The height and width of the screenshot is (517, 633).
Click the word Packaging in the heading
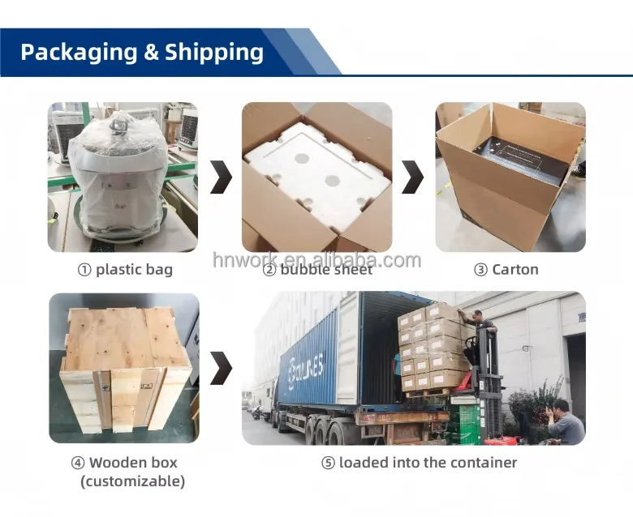[78, 53]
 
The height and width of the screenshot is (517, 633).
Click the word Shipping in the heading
[214, 53]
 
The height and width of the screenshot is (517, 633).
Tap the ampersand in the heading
[151, 53]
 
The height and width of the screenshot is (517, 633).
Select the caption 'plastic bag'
[134, 270]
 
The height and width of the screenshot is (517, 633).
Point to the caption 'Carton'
[515, 270]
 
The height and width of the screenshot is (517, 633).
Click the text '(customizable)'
[132, 481]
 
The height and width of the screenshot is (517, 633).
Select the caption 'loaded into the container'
[428, 463]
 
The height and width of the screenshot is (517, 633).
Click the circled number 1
[84, 270]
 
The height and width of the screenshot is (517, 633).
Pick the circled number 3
[480, 270]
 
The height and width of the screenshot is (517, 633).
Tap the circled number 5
[328, 463]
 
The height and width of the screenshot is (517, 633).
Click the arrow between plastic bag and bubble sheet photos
[221, 177]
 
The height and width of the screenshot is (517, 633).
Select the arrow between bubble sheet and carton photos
[412, 177]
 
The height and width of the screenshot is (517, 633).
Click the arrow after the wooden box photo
[221, 368]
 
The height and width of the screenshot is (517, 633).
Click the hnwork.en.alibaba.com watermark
[316, 259]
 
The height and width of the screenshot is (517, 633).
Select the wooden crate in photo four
[123, 369]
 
